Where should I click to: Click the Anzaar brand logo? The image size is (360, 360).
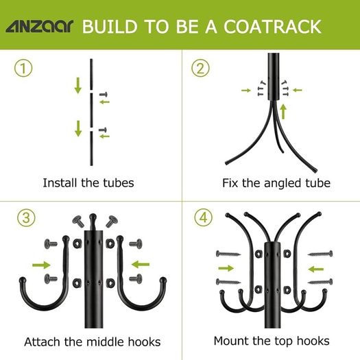tap(40, 26)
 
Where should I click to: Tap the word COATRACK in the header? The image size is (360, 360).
tap(272, 27)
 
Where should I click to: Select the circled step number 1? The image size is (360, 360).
tap(23, 68)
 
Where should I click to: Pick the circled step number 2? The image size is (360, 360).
tap(200, 68)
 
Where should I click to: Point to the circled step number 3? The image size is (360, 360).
tap(26, 217)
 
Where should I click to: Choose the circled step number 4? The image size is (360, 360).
tap(204, 217)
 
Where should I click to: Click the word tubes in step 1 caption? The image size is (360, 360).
tap(119, 183)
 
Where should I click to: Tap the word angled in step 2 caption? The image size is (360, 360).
tap(283, 184)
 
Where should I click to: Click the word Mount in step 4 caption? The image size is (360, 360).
tap(232, 341)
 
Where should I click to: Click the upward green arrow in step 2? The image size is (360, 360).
tap(284, 112)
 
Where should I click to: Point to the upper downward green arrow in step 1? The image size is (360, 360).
tap(78, 86)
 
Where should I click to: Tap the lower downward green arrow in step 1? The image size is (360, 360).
tap(78, 129)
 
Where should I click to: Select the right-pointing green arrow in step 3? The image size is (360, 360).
tap(41, 265)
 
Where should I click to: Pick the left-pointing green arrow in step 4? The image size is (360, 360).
tap(315, 269)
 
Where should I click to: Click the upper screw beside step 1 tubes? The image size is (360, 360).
tap(104, 94)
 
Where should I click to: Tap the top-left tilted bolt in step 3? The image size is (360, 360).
tap(79, 221)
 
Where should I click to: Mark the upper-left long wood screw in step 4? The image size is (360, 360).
tap(228, 254)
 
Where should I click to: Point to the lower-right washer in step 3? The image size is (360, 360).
tap(110, 283)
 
